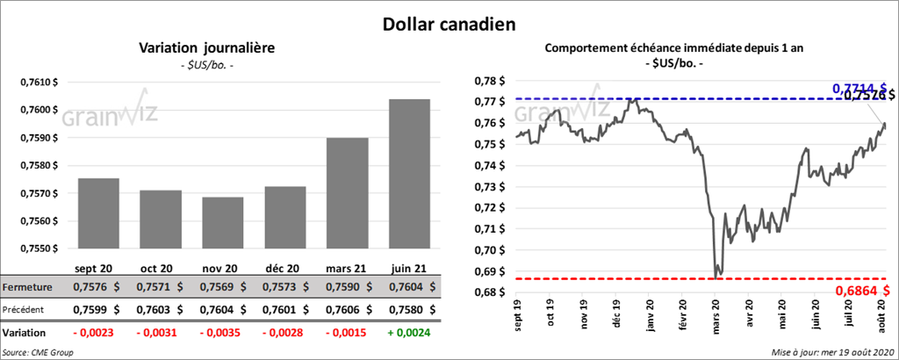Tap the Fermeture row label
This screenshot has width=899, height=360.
pos(29,287)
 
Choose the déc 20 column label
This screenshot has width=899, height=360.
pos(283,269)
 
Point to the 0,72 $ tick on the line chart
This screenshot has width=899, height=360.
pos(488,208)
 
